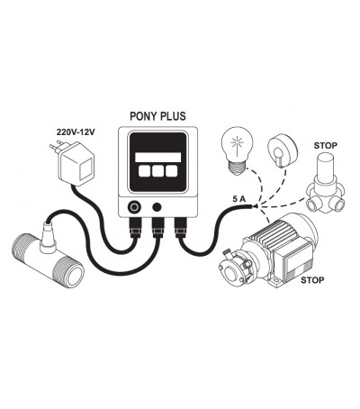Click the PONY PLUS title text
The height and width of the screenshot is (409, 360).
click(x=157, y=116)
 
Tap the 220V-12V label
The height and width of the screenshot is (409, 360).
click(x=76, y=132)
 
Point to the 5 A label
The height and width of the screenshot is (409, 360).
click(x=238, y=199)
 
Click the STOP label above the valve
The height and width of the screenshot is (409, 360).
click(x=326, y=146)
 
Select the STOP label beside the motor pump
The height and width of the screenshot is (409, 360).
click(x=312, y=280)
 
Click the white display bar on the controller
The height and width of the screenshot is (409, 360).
click(x=158, y=158)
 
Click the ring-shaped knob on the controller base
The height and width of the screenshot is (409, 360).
click(x=133, y=207)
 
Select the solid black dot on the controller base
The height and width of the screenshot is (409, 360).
click(x=157, y=207)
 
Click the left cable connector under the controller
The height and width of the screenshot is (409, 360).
click(x=135, y=227)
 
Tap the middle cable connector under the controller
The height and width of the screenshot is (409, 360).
click(x=158, y=227)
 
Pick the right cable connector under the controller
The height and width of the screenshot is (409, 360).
click(x=181, y=227)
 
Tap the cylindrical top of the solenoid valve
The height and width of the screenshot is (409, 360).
click(x=326, y=166)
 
